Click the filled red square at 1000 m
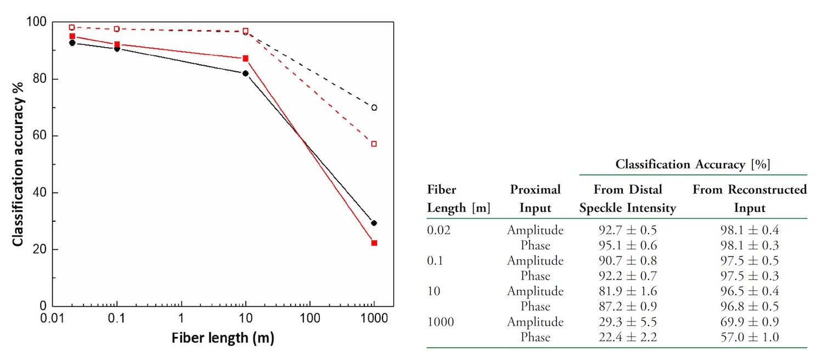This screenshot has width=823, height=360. pyautogui.click(x=374, y=243)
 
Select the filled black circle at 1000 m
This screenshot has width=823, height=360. pyautogui.click(x=374, y=223)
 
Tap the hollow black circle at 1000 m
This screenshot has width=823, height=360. pyautogui.click(x=374, y=108)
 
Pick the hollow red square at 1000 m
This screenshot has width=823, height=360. pyautogui.click(x=374, y=144)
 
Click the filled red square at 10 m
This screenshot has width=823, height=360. pyautogui.click(x=245, y=58)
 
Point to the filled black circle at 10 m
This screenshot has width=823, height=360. pyautogui.click(x=245, y=73)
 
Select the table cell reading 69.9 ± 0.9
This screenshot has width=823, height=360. pyautogui.click(x=750, y=322)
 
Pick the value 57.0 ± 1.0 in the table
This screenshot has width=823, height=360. pyautogui.click(x=750, y=337)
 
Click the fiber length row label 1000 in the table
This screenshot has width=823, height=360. pyautogui.click(x=441, y=322)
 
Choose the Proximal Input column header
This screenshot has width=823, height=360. pyautogui.click(x=535, y=199)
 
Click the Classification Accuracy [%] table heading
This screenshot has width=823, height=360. pyautogui.click(x=693, y=164)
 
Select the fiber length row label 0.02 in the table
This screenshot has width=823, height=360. pyautogui.click(x=439, y=229)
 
